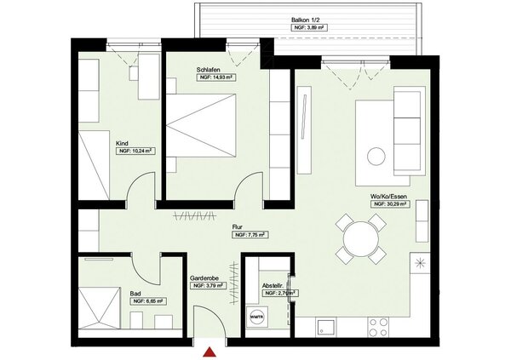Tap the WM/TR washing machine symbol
coord(256,317)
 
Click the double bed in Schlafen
coord(200,125)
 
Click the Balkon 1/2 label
coord(310,17)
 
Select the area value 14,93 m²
coord(216,77)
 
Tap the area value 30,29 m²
coord(390,204)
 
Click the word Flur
coord(239,226)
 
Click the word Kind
coord(123,144)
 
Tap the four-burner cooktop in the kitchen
coord(377,326)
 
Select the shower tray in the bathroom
coord(100,307)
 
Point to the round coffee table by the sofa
coord(376,156)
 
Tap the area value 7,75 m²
coord(251,235)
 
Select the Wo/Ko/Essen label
coord(388,197)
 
